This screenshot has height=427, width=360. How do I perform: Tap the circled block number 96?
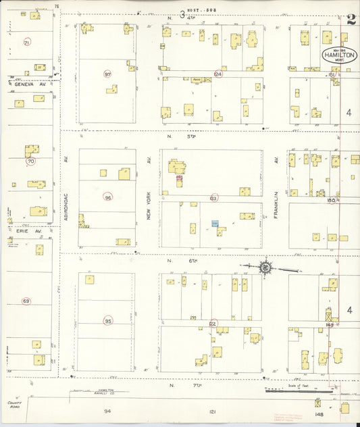[x=108, y=197]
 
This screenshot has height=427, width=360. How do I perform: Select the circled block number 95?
[x=108, y=321]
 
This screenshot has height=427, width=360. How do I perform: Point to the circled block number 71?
[x=27, y=43]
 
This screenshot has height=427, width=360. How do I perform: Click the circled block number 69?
[x=26, y=301]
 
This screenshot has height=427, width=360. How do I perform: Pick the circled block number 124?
[x=217, y=74]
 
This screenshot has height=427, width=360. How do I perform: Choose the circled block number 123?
[x=214, y=198]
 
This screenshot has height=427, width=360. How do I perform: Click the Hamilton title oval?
[x=340, y=55]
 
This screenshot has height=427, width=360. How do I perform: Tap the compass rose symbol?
[x=265, y=268]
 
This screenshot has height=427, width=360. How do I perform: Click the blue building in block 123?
[x=215, y=223]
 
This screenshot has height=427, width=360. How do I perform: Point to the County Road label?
[x=15, y=405]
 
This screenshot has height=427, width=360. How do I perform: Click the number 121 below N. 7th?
[x=212, y=411]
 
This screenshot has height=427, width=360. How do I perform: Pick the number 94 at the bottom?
[x=107, y=411]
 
